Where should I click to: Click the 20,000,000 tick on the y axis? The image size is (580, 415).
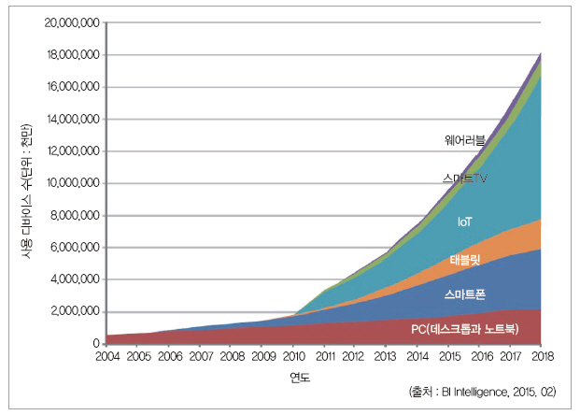[73, 23]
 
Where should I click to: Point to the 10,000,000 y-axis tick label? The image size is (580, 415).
[73, 183]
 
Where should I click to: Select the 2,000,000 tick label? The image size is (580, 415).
[76, 311]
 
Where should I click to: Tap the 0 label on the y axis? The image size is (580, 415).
[97, 343]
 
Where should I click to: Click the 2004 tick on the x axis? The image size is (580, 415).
[107, 356]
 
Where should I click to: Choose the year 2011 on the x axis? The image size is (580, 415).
[323, 356]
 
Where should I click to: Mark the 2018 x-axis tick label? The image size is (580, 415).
[540, 356]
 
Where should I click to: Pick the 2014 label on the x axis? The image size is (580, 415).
[417, 356]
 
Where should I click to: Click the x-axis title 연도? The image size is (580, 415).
[300, 378]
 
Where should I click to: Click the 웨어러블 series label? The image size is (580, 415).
[465, 140]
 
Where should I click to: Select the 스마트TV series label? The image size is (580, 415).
[464, 177]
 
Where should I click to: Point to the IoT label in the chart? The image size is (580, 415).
[465, 222]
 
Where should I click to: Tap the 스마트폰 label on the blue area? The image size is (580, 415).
[463, 293]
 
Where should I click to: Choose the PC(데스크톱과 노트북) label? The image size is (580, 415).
[463, 329]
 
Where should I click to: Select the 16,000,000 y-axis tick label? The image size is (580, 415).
[73, 87]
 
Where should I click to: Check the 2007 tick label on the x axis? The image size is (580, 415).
[200, 356]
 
